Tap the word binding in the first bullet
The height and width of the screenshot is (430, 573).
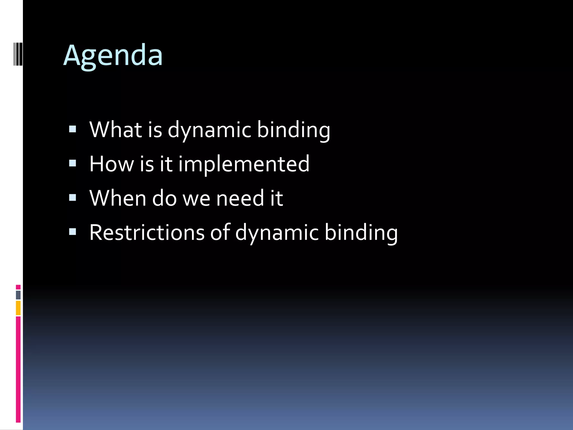coord(293,130)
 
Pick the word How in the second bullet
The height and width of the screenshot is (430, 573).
coord(112,164)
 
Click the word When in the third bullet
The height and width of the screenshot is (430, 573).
coord(118,198)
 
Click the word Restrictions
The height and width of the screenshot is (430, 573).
coord(147,233)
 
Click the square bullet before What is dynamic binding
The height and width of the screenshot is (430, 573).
coord(72,129)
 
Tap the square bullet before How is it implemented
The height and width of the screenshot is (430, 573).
coord(72,163)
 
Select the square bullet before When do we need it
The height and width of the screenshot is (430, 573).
coord(72,198)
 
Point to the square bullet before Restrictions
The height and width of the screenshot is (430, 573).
coord(72,232)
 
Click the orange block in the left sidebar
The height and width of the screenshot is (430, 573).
coord(18,308)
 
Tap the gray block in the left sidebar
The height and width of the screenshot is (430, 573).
coord(18,295)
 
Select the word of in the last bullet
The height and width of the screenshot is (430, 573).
coord(220,233)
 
